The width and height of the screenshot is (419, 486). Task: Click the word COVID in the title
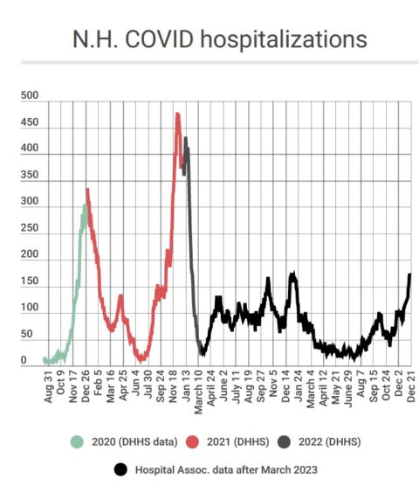pos(160,39)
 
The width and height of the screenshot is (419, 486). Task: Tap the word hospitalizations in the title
pos(284,40)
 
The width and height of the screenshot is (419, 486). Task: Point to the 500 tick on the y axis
pos(30,95)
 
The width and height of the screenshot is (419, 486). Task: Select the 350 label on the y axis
pos(30,175)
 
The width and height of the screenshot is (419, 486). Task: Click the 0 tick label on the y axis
pos(24,360)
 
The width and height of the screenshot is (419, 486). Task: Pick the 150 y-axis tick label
pos(30,281)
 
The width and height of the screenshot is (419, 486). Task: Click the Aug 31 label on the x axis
pos(49,386)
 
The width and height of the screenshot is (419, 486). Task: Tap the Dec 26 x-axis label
pos(86,386)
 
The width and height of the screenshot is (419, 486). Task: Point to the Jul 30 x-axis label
pos(148,385)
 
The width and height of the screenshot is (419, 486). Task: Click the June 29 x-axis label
pos(348,389)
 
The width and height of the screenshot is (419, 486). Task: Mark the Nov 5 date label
pos(273,384)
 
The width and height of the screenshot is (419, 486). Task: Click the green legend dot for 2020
pos(77,441)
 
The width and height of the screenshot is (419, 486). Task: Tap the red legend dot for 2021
pos(192,441)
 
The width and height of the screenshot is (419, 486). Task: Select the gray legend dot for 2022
pos(284,441)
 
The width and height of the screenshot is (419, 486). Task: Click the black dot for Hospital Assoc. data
pos(120,469)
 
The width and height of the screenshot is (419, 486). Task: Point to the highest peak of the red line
pos(177,114)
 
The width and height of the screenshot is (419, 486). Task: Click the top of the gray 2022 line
pos(186,137)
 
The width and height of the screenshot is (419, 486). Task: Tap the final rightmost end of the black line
pos(409,274)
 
